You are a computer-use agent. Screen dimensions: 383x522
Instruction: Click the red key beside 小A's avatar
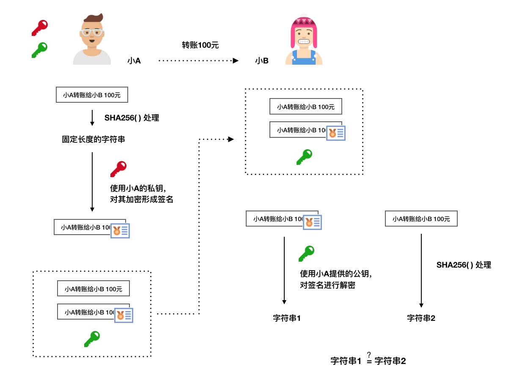(40, 27)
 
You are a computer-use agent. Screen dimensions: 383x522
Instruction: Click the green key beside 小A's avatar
(40, 50)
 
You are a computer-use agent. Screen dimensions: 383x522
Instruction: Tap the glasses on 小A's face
(92, 33)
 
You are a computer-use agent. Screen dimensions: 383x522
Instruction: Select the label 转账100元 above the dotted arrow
(201, 45)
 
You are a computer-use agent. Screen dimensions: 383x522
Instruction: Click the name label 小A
(134, 61)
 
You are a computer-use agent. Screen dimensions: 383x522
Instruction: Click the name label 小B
(262, 61)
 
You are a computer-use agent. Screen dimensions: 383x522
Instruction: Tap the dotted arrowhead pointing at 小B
(236, 61)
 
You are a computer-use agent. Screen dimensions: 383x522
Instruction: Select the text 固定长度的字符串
(93, 139)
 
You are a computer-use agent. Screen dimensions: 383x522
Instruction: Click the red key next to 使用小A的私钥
(118, 169)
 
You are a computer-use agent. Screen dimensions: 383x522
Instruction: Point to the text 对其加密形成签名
(142, 199)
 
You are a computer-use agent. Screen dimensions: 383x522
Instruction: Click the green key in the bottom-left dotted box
(92, 339)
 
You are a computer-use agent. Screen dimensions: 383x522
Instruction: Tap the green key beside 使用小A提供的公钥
(306, 253)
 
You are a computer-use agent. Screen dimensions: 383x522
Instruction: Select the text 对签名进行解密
(327, 285)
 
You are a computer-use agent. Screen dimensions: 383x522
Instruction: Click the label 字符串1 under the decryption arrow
(287, 318)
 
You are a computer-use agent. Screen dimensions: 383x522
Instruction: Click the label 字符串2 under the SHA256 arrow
(421, 318)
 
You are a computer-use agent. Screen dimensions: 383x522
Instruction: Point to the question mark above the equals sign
(369, 355)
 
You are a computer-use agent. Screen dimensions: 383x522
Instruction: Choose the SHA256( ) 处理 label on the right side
(464, 265)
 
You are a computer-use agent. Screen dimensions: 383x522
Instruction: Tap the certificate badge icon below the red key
(120, 230)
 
